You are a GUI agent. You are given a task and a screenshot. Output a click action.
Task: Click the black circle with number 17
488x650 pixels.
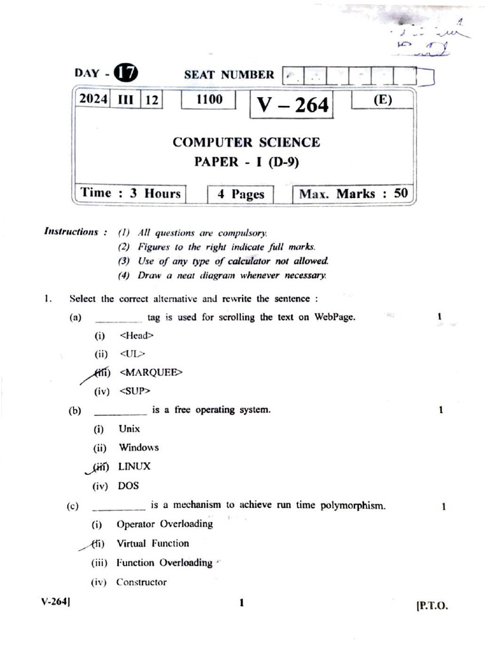(125, 74)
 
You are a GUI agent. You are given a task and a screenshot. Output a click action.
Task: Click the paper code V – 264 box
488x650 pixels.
(293, 105)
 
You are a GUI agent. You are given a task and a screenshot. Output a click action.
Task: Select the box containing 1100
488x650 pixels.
(209, 100)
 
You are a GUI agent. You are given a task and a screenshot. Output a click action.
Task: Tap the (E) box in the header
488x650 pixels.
(383, 101)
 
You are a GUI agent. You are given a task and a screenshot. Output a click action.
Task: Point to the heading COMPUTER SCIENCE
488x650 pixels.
(246, 142)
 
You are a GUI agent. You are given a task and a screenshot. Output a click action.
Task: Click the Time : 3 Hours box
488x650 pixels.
(131, 194)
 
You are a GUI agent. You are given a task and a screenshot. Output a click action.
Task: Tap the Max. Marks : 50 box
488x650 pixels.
(353, 194)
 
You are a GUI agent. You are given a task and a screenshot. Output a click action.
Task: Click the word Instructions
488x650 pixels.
(71, 232)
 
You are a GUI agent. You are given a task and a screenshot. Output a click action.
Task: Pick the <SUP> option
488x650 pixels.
(134, 391)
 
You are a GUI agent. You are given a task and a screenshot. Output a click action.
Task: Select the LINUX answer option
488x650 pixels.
(134, 466)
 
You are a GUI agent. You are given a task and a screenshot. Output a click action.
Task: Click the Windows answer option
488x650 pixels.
(139, 448)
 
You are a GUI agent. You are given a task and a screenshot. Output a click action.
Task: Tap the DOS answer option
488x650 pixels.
(128, 486)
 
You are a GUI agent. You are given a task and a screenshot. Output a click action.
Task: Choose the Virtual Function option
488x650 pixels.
(152, 543)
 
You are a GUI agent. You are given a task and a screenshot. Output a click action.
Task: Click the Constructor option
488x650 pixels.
(141, 582)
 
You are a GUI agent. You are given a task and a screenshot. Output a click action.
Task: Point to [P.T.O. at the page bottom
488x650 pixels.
(431, 606)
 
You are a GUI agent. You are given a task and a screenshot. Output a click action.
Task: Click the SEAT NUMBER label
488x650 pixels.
(229, 75)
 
